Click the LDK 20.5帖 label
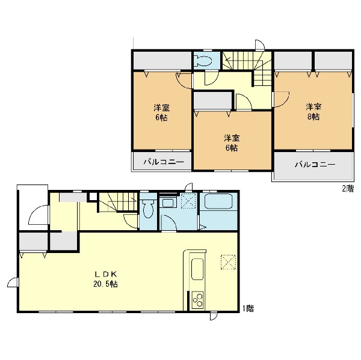105,279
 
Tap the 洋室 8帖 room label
313,112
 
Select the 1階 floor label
248,308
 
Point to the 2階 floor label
348,189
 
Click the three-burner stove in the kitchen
197,300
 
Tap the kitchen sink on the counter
197,269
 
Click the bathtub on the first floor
218,201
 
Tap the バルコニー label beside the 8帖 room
315,165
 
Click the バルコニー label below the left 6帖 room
164,162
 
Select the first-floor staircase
119,202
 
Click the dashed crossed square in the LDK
228,261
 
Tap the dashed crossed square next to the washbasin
188,201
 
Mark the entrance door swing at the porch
39,215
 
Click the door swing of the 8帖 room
281,99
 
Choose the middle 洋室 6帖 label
232,143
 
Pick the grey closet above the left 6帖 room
162,61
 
